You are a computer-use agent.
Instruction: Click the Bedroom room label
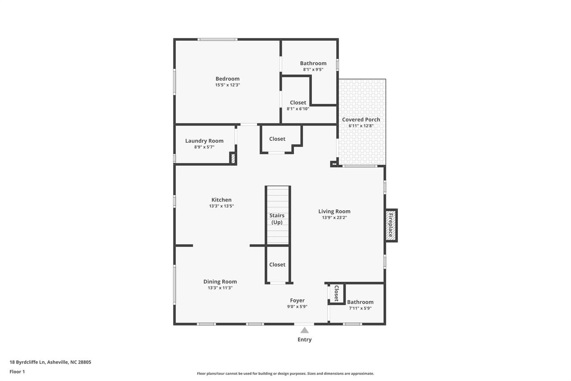pyautogui.click(x=228, y=79)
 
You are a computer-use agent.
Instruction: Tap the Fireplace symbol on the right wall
pyautogui.click(x=391, y=225)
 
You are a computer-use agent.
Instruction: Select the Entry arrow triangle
pyautogui.click(x=304, y=331)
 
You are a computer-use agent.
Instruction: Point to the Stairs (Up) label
pyautogui.click(x=277, y=219)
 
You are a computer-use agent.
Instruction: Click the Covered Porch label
pyautogui.click(x=361, y=119)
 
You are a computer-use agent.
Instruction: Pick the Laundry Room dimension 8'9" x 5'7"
pyautogui.click(x=204, y=147)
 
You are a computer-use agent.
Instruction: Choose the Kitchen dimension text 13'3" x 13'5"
pyautogui.click(x=221, y=206)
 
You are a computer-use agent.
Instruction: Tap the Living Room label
pyautogui.click(x=334, y=211)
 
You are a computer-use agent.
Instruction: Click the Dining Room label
pyautogui.click(x=220, y=281)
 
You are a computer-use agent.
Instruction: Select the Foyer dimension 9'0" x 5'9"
pyautogui.click(x=297, y=306)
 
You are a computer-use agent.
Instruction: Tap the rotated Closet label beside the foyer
pyautogui.click(x=336, y=293)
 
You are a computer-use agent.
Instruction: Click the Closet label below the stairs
pyautogui.click(x=277, y=264)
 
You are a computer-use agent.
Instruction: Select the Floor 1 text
pyautogui.click(x=17, y=372)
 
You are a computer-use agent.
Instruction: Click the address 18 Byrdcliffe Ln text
pyautogui.click(x=27, y=362)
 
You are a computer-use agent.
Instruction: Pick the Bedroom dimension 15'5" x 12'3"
pyautogui.click(x=228, y=85)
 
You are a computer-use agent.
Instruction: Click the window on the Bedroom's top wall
pyautogui.click(x=217, y=40)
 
